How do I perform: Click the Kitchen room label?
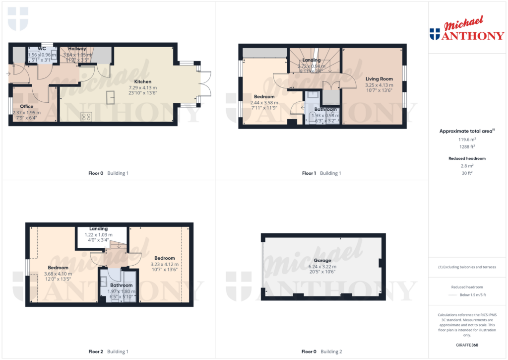(142, 81)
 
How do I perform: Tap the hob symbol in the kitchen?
(86, 117)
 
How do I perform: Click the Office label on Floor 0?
(27, 106)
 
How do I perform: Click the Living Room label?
(379, 79)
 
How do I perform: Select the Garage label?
(322, 260)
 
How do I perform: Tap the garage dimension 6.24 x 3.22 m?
(322, 266)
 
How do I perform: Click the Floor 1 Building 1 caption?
(321, 173)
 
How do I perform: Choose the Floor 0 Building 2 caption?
(321, 352)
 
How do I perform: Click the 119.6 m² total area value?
(466, 140)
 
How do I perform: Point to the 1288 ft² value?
(466, 146)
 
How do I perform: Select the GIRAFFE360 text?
(466, 345)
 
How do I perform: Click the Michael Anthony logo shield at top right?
(435, 34)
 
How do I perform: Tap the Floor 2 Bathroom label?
(121, 286)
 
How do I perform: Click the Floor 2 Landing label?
(99, 229)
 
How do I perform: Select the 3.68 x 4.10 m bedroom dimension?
(58, 274)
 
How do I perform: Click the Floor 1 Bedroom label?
(264, 97)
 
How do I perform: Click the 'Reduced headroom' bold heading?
(466, 158)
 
